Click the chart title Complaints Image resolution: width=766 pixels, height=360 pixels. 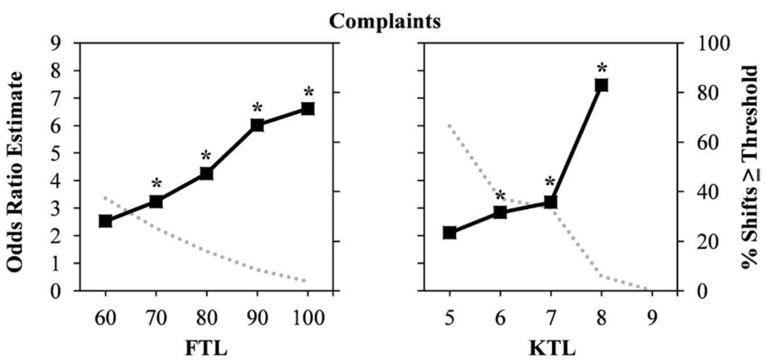pos(385,22)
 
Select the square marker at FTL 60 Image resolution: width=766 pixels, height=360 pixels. pos(105,221)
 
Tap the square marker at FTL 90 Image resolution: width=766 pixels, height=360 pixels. pos(257,125)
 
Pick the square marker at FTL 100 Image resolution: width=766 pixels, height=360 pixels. pos(308,109)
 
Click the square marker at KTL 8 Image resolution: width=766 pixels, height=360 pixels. pos(601,85)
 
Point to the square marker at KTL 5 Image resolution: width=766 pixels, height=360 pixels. pos(449,232)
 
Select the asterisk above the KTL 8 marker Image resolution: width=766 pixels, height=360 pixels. pos(601,69)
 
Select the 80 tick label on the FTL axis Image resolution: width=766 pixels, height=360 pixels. pos(206,319)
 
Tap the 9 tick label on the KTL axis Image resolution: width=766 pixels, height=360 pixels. pos(652,319)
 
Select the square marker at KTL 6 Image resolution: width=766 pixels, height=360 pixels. pos(500,212)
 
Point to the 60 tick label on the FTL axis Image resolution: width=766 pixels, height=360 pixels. pos(105,319)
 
